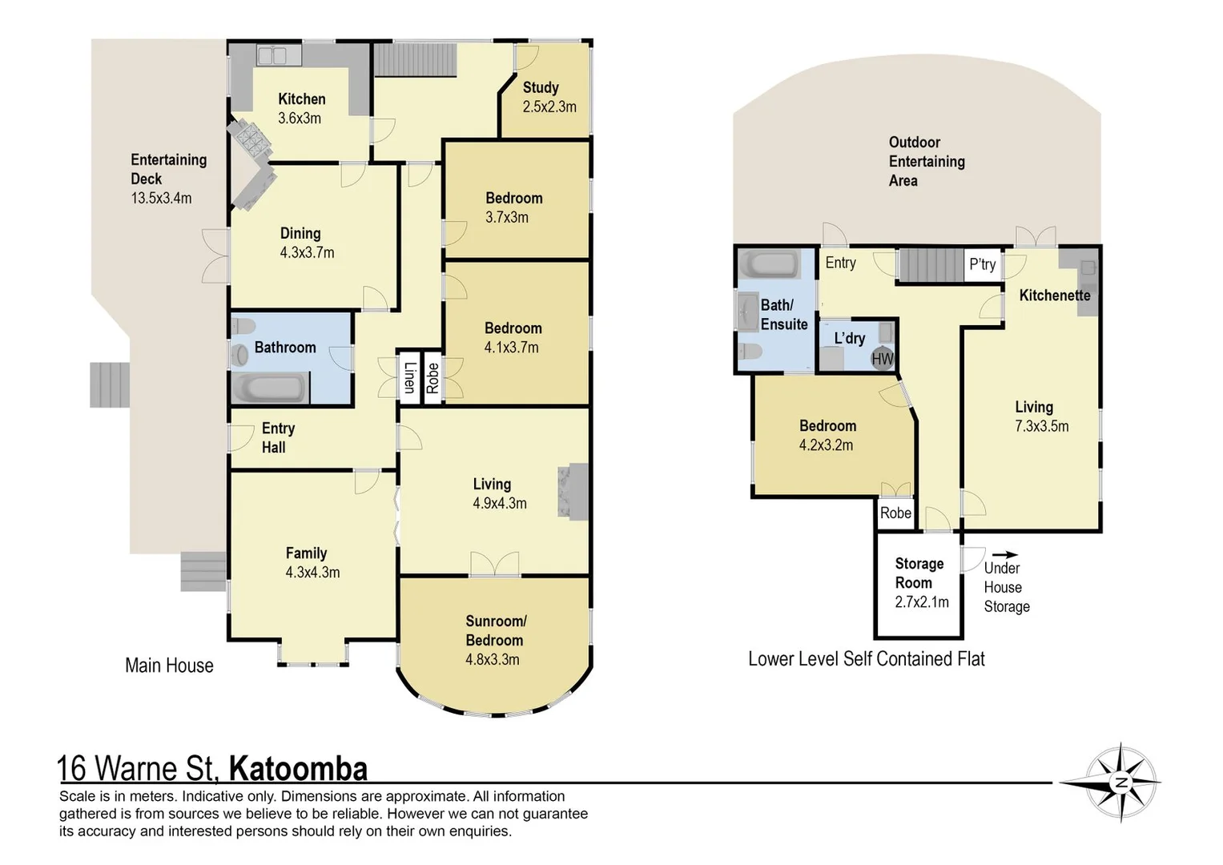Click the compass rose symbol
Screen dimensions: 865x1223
[1121, 783]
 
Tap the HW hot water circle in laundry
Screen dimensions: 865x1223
[882, 359]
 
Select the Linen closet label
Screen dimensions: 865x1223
[409, 377]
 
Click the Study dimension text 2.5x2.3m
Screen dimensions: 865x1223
[549, 107]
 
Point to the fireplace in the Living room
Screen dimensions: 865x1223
[573, 492]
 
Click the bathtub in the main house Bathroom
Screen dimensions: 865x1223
[269, 388]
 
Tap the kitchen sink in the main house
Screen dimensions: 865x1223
[272, 55]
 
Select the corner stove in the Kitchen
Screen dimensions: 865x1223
[250, 141]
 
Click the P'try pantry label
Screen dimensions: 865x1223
[982, 264]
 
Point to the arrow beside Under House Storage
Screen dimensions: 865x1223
[1005, 554]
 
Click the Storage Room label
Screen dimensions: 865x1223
[919, 573]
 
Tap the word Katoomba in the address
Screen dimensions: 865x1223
[298, 768]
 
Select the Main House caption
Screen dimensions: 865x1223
[169, 666]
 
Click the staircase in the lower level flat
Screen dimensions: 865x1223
[930, 265]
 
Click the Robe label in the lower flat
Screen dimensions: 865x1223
[895, 513]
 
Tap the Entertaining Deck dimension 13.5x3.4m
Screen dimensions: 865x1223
[161, 198]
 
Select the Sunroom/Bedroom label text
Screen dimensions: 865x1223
[495, 630]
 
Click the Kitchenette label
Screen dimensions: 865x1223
[1054, 296]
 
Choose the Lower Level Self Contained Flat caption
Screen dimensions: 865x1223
[866, 659]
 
